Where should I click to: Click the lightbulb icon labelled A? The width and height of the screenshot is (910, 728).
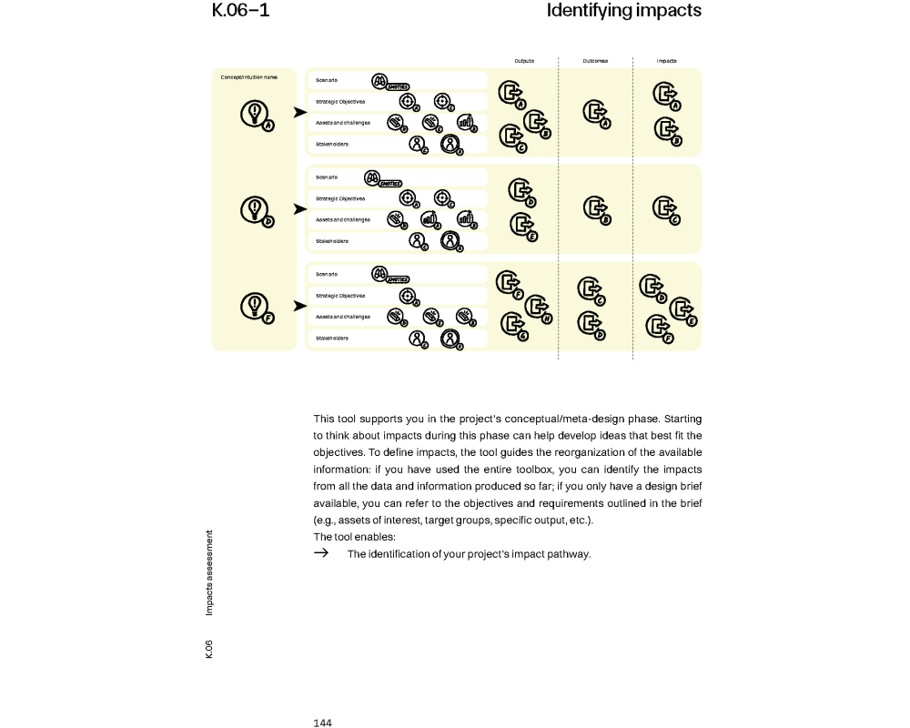click(255, 113)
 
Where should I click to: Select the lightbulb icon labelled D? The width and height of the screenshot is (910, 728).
click(255, 209)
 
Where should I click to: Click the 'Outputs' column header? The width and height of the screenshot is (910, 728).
click(524, 61)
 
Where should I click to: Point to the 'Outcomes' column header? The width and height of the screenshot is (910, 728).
click(595, 61)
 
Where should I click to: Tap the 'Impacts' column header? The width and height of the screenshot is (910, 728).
click(667, 61)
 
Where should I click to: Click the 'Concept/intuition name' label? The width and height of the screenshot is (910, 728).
click(248, 77)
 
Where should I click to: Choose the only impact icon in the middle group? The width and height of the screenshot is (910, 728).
click(664, 208)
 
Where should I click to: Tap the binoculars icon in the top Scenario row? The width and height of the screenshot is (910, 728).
click(380, 80)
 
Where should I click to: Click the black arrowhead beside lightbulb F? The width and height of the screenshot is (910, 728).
click(299, 306)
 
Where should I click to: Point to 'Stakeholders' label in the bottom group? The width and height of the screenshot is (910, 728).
click(332, 339)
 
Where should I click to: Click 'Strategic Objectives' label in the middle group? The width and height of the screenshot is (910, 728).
click(340, 198)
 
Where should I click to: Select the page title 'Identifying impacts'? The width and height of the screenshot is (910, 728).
click(623, 11)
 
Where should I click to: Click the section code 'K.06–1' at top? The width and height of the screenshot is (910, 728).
click(240, 11)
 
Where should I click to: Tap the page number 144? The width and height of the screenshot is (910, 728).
click(323, 723)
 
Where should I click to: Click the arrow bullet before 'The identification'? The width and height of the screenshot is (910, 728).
click(320, 553)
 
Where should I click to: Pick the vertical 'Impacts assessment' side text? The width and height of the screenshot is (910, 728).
click(209, 572)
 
